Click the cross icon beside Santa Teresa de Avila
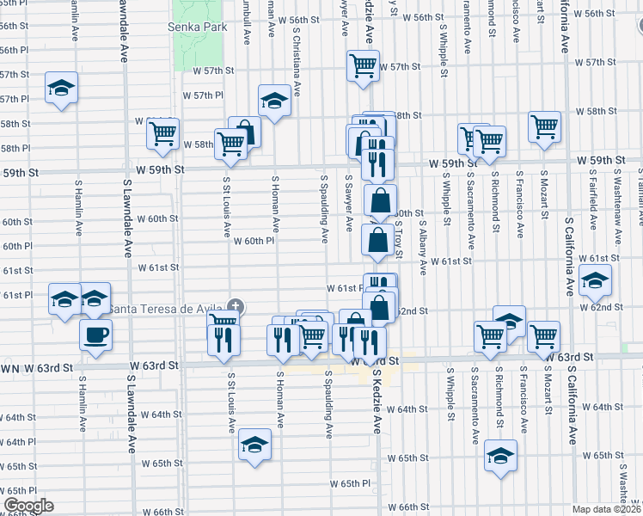[x=236, y=307]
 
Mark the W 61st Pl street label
[x=344, y=287]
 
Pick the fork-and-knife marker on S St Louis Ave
[x=224, y=341]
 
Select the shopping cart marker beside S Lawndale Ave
[x=162, y=132]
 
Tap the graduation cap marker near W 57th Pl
[x=61, y=88]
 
